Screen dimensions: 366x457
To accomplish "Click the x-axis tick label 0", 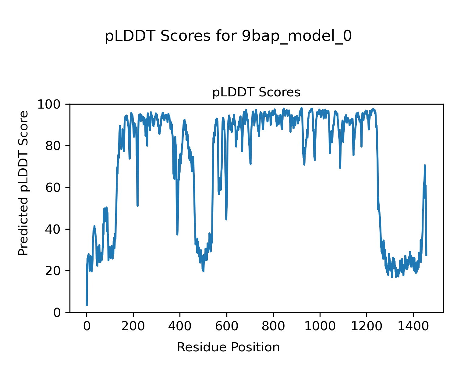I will pos(87,326).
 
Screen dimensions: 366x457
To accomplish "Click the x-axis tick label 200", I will pos(133,326).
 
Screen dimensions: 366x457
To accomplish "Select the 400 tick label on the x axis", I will pos(180,326).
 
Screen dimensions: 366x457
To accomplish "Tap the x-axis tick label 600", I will pos(226,326).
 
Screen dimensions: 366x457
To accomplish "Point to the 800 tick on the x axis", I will pos(273,326).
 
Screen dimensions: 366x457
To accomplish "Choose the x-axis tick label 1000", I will pos(320,326).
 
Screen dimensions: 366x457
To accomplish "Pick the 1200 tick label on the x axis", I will pos(367,326).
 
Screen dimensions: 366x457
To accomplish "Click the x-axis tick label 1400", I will pos(413,326).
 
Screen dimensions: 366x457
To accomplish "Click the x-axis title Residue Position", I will pos(228,347).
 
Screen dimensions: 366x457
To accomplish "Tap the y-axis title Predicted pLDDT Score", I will pos(23,183).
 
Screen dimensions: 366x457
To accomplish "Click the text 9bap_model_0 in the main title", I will pos(297,37).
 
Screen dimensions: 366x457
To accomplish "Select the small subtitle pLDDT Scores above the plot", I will pos(256,92).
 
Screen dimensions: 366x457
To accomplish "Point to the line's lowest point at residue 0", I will pos(87,305).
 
